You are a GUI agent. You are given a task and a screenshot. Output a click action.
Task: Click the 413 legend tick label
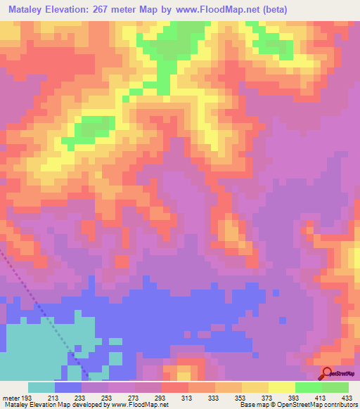coord(323,397)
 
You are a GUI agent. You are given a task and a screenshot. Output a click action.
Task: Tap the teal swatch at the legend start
coord(41,387)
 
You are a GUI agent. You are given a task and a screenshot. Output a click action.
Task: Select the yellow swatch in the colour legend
coord(281,387)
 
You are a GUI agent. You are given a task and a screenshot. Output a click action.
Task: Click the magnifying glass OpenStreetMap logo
coord(327,373)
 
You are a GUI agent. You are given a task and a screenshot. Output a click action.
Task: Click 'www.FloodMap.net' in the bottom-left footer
coord(138,405)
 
